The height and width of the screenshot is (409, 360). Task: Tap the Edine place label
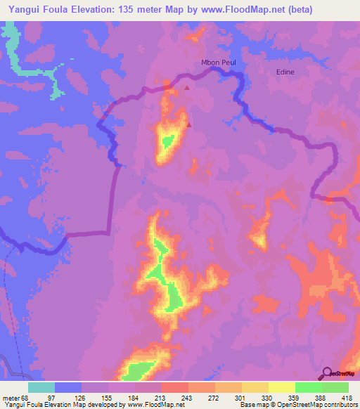coord(285,72)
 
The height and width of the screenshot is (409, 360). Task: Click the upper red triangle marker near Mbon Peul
coord(186,89)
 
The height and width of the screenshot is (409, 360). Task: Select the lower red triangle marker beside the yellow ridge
coord(188,124)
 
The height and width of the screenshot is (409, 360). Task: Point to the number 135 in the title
coord(143,9)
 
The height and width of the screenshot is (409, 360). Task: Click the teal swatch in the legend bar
coord(41,387)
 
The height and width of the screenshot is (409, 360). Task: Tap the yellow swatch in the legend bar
coord(281,387)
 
